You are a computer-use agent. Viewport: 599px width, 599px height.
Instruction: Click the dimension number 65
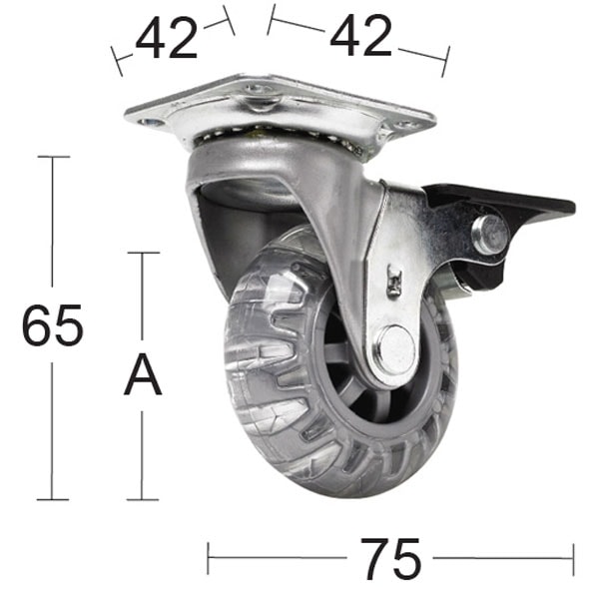(52, 326)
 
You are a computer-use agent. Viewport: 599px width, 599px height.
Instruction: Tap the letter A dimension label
(143, 376)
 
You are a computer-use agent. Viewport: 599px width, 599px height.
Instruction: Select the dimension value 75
(391, 559)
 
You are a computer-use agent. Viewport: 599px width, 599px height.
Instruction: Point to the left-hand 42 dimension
(168, 39)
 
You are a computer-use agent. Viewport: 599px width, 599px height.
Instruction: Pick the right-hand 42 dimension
(360, 38)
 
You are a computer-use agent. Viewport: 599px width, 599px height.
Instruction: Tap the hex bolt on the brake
(490, 235)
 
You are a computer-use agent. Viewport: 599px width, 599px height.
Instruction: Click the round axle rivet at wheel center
(395, 349)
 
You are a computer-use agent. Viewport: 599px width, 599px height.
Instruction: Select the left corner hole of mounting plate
(152, 123)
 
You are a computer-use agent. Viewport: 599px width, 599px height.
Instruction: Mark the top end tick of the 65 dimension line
(53, 157)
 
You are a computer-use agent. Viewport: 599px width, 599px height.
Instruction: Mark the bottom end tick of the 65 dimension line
(53, 499)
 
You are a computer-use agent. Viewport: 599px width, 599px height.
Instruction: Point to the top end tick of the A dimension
(143, 253)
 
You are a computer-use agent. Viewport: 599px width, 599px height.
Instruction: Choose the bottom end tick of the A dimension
(143, 499)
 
